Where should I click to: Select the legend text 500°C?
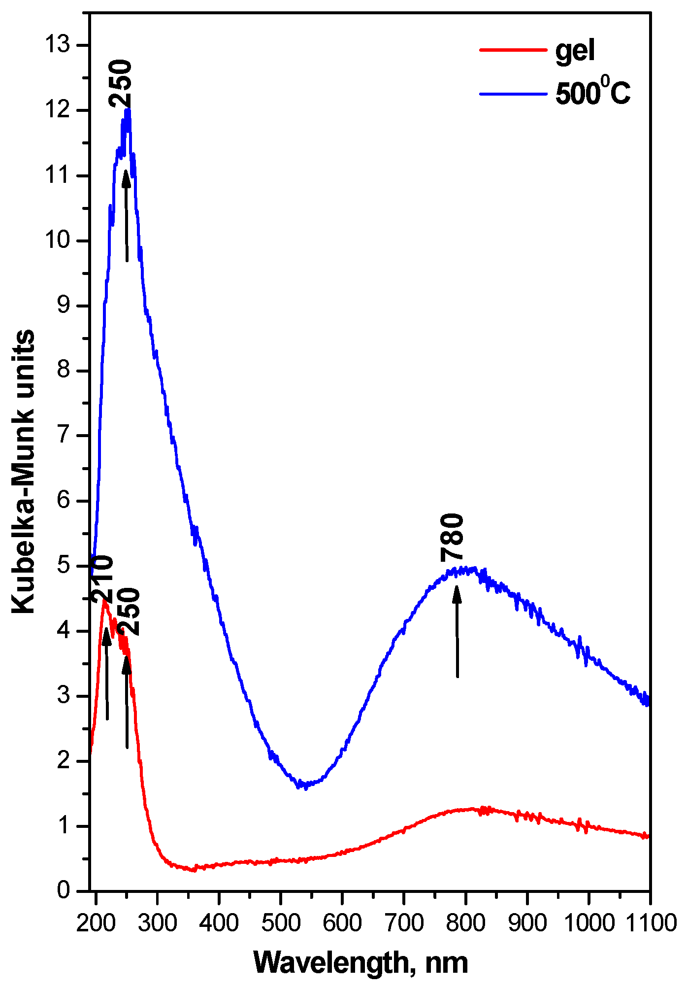593,93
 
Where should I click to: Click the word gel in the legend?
575,50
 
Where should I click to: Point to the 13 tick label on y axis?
58,45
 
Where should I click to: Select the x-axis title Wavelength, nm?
360,962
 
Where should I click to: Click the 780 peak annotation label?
452,538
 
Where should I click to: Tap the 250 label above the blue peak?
121,84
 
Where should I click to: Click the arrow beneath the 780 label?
457,631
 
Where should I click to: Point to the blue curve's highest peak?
128,111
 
